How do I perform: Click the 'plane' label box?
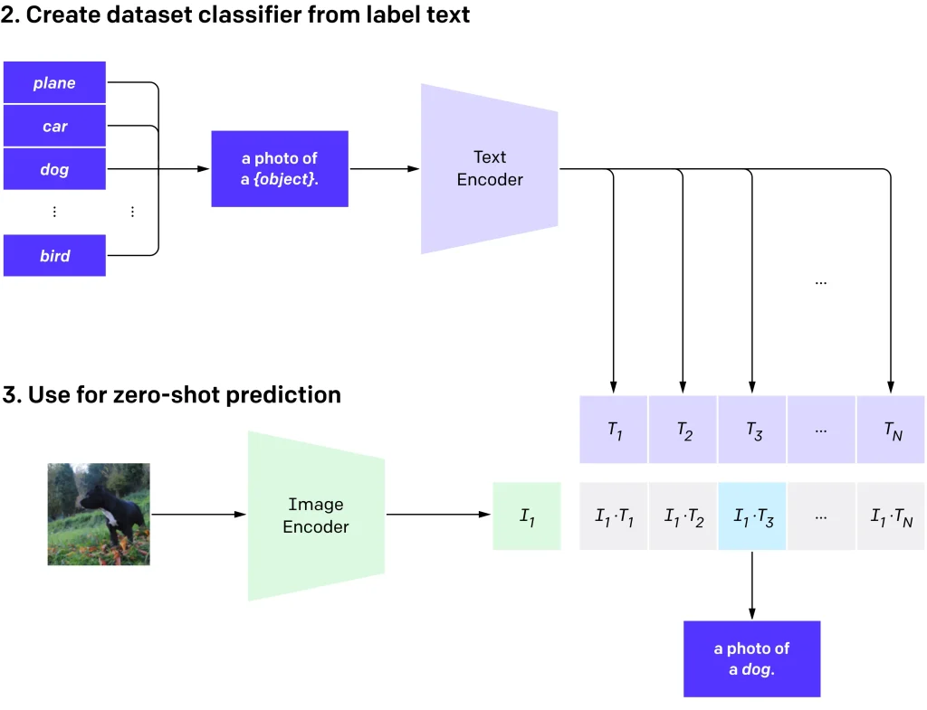coord(54,83)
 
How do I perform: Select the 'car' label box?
coord(54,127)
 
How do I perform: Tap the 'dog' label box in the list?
coord(54,170)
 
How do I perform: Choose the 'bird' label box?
coord(54,256)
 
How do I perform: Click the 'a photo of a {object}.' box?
coord(280,169)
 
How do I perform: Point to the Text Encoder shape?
coord(489,169)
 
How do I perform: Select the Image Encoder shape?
coord(316,516)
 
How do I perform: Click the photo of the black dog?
coord(99,515)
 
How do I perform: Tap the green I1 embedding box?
coord(527,516)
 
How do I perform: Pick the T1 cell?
coord(614,430)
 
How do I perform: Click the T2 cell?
coord(683,430)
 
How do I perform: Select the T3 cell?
coord(752,430)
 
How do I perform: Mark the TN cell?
coord(892,430)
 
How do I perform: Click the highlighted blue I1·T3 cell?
coord(752,516)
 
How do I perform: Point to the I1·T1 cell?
coord(614,516)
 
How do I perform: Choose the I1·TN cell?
coord(892,516)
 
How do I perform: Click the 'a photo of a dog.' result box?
coord(751,658)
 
